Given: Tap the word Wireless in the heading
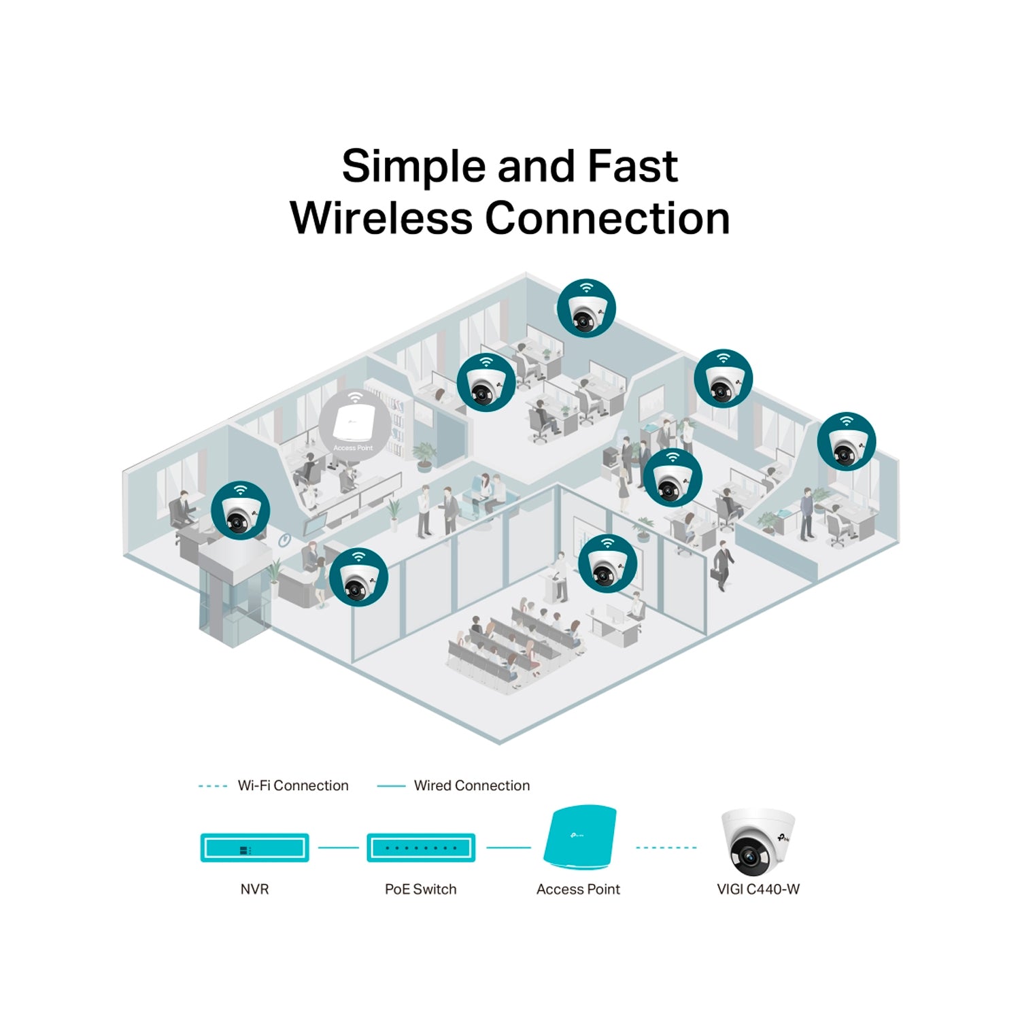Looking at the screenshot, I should pos(381,218).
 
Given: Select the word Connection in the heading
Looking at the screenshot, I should pos(607,218).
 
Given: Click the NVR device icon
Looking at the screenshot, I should pos(254,848).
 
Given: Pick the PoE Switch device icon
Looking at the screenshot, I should pos(421,848).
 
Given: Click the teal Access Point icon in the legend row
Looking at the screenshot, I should pos(580,838).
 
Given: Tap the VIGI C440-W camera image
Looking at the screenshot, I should pos(757,842).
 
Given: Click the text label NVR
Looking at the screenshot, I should pos(254,889).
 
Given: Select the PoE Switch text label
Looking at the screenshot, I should pos(420,889).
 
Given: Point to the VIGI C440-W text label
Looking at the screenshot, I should pos(758,889).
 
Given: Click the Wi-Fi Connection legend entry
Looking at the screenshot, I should pos(292,786).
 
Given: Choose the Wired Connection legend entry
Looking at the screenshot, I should pos(471,786).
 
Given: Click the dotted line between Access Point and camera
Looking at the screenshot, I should pos(666,848).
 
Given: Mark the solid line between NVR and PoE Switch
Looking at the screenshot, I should pos(338,848).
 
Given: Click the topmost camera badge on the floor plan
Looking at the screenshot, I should pos(586,308).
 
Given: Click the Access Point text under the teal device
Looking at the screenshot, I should pos(578,889).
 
